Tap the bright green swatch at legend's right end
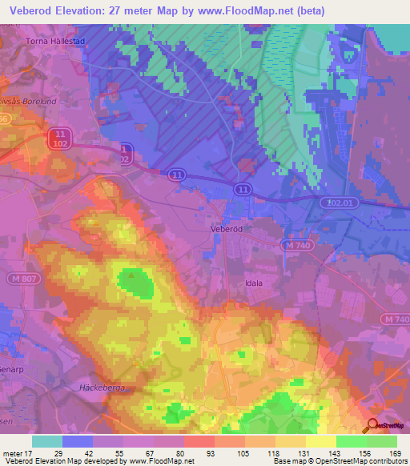pyautogui.click(x=382, y=441)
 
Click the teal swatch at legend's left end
pyautogui.click(x=47, y=441)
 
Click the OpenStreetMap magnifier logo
pyautogui.click(x=370, y=425)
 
